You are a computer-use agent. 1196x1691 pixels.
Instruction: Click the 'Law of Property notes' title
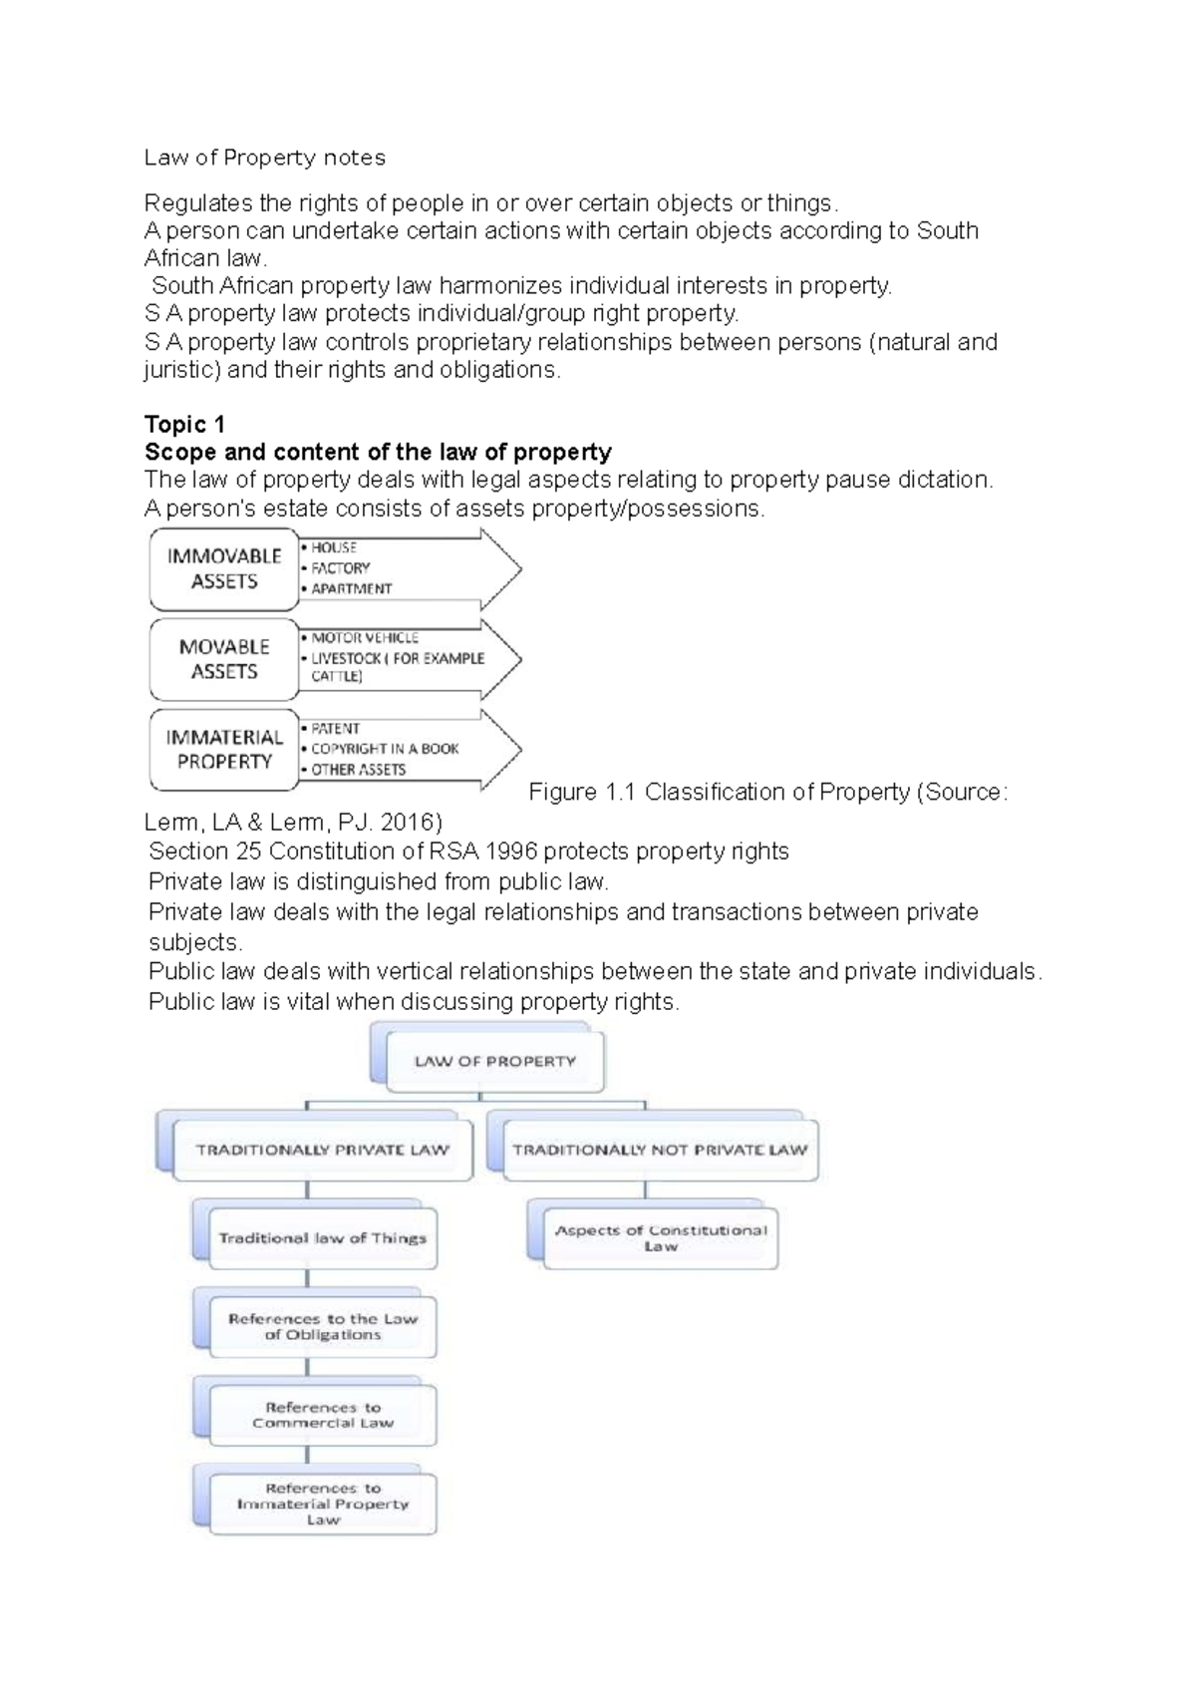pos(264,158)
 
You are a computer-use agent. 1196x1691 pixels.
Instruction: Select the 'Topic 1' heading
pos(184,425)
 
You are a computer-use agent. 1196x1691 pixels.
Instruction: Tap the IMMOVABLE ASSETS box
pos(224,569)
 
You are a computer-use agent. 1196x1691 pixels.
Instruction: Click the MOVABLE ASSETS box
pos(224,659)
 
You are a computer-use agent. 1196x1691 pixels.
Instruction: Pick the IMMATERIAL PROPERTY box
pos(224,750)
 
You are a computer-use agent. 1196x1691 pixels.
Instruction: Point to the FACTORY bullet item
pos(340,568)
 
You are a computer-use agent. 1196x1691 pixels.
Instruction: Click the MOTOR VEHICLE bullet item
pos(364,638)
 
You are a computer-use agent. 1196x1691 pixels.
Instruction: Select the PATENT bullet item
pos(335,729)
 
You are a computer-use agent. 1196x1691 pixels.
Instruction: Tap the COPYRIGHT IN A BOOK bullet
pos(384,749)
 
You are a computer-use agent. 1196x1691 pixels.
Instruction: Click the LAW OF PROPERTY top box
pos(495,1062)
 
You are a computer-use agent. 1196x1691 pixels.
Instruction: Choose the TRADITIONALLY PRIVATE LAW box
pos(322,1151)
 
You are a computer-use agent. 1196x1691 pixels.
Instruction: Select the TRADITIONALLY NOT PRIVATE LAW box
pos(660,1151)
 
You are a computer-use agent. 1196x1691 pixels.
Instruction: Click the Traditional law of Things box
pos(322,1239)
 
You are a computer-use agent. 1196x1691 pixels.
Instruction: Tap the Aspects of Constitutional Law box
pos(660,1238)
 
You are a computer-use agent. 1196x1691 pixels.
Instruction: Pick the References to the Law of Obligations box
pos(322,1327)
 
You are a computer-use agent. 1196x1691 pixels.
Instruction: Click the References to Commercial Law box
pos(322,1416)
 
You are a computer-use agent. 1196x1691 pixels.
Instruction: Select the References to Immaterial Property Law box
pos(322,1505)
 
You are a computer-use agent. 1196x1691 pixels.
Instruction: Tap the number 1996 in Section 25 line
pos(506,851)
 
